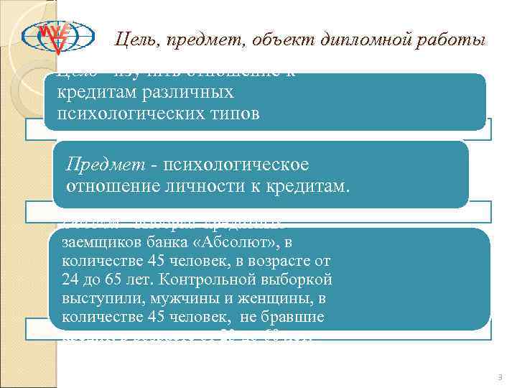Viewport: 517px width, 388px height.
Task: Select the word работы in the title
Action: click(452, 40)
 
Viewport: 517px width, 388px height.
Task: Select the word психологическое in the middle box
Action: click(236, 165)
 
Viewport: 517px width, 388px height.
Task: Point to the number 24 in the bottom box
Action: click(71, 279)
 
